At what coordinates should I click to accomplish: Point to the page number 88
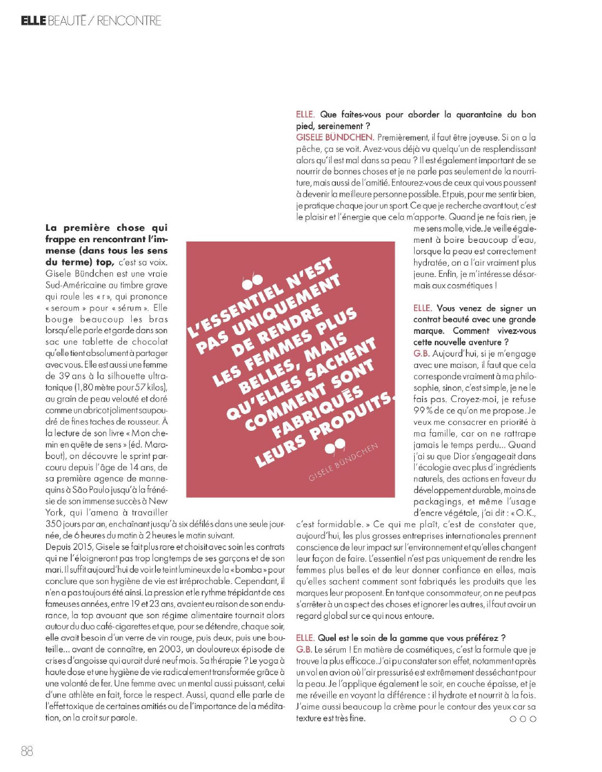[x=27, y=750]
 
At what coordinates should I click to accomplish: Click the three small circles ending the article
[x=523, y=718]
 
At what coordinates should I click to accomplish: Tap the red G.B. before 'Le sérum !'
[x=303, y=649]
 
